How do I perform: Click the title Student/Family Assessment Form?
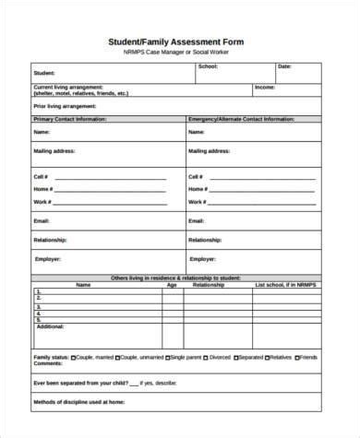(x=180, y=41)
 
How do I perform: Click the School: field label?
(x=208, y=66)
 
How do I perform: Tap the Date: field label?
(x=284, y=66)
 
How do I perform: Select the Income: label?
(x=264, y=87)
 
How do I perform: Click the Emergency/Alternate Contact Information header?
(x=242, y=120)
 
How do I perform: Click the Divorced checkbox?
(x=207, y=382)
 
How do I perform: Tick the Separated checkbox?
(x=238, y=382)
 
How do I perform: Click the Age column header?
(x=172, y=286)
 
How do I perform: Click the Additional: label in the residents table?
(x=50, y=326)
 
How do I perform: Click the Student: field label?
(x=43, y=72)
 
